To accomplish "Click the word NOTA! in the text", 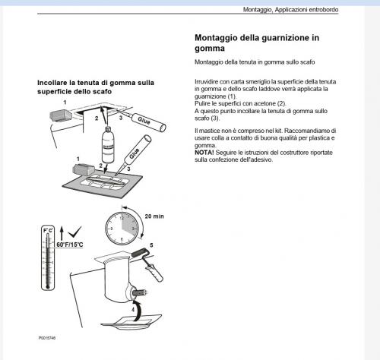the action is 204,153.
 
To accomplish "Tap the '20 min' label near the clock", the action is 154,216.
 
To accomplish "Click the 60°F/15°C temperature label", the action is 70,245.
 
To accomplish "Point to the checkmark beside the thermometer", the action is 74,232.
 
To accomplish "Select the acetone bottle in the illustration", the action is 108,145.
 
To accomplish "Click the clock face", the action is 122,229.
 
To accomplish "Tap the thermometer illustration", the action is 48,257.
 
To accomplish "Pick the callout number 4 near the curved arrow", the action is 133,309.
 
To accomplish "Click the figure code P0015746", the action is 47,338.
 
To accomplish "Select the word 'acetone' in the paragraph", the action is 264,103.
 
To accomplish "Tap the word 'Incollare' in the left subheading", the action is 52,83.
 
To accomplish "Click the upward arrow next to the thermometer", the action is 62,233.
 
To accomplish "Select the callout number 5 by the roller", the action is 151,245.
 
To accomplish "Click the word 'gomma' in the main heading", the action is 210,49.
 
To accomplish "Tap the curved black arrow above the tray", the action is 138,310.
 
